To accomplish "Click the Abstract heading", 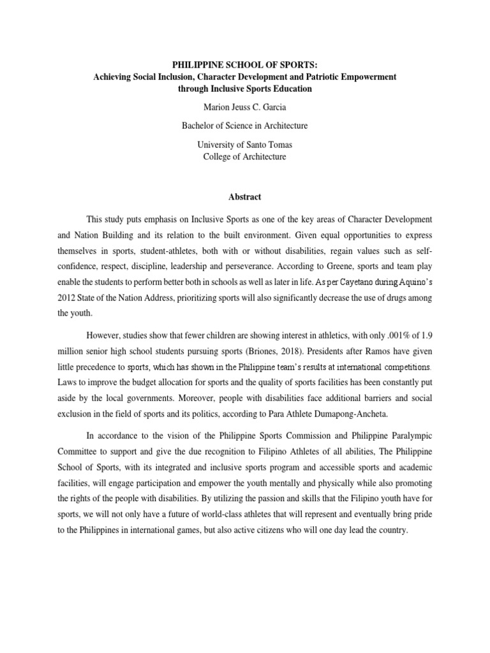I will tap(245, 197).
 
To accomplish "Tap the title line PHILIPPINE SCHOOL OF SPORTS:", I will tap(245, 64).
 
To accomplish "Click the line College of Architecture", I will tap(245, 156).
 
